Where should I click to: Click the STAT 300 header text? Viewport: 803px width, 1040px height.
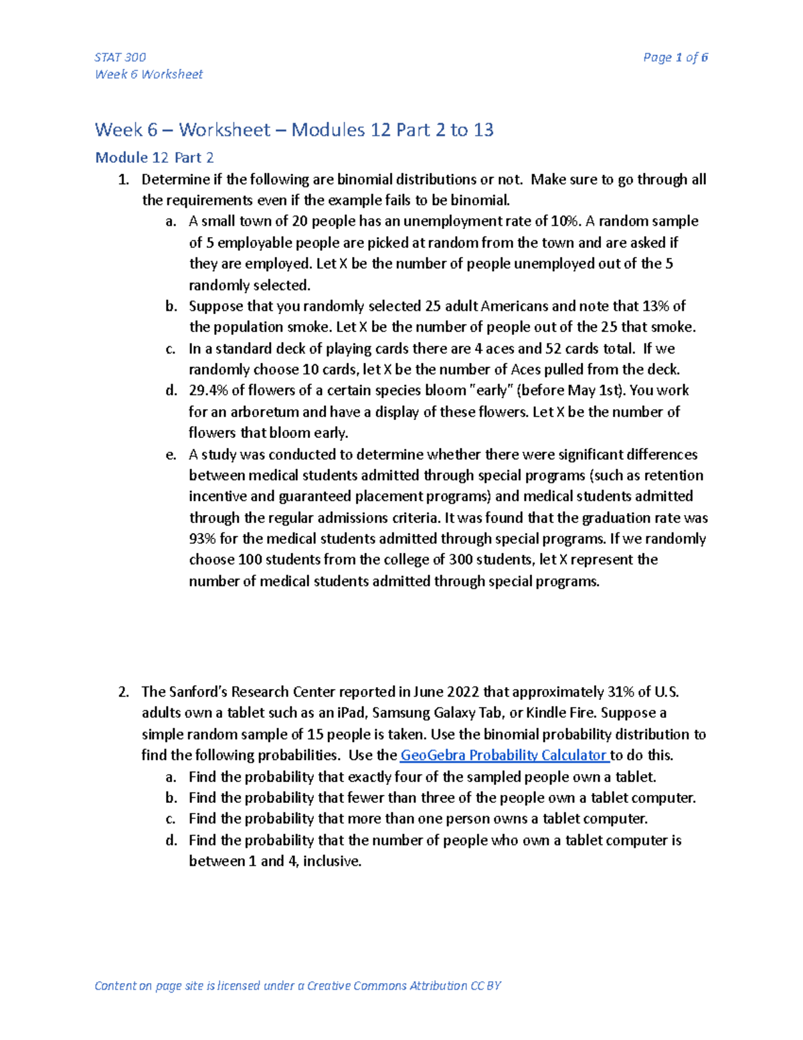point(120,57)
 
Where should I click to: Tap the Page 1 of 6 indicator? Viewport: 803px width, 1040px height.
point(675,57)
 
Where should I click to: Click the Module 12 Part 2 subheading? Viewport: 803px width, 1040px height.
point(155,157)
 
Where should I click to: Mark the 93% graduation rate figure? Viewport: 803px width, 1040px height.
point(201,539)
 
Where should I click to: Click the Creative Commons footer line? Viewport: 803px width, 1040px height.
point(298,986)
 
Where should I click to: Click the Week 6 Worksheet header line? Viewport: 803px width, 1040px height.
point(149,74)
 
